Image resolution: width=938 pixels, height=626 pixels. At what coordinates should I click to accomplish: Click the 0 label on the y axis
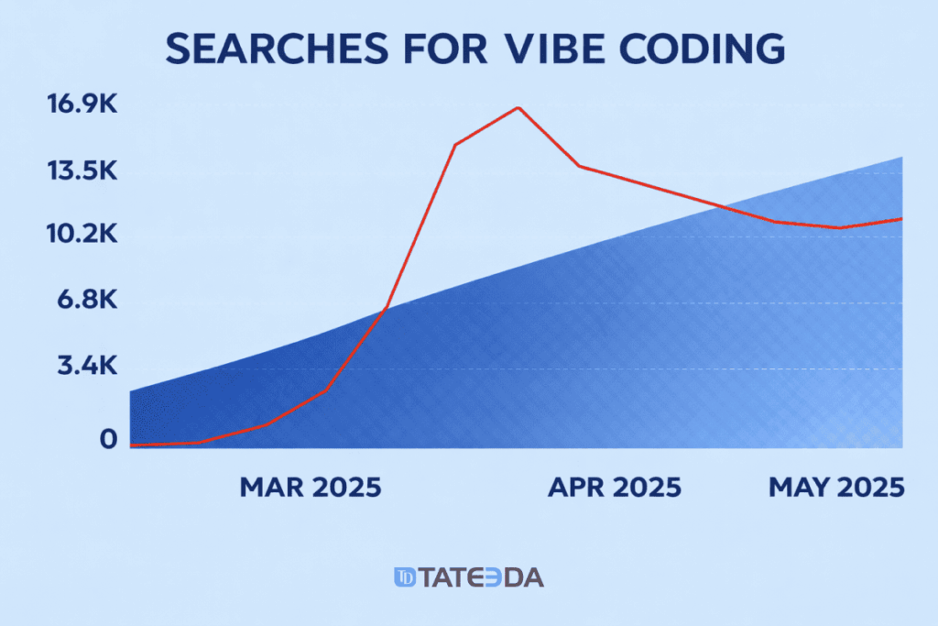point(109,439)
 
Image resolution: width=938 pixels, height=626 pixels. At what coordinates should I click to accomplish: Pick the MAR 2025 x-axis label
point(310,487)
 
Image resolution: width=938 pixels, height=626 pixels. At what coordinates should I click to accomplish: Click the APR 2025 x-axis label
point(615,487)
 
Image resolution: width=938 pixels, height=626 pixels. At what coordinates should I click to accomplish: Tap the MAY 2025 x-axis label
point(835,487)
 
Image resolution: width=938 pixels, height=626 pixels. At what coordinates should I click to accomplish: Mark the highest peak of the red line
point(518,107)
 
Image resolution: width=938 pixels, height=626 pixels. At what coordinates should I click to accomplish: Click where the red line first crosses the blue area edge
point(386,309)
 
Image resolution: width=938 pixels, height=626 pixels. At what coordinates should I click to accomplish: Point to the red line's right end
point(902,218)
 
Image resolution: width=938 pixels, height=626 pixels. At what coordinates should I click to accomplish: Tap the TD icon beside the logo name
point(405,577)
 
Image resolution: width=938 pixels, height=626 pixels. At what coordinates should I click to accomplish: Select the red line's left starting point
point(132,445)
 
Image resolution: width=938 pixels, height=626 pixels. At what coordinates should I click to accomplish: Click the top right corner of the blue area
point(902,158)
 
